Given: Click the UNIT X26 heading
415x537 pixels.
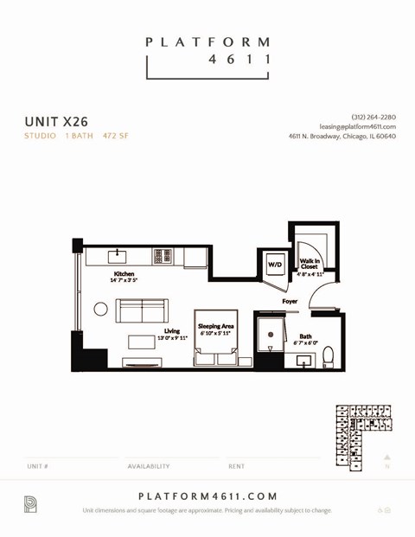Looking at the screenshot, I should coord(56,122).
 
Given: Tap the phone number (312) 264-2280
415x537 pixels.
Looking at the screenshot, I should coord(373,117).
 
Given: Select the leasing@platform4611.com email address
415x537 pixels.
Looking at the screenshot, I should coord(357,126).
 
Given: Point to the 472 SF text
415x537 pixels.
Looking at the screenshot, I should coord(115,136).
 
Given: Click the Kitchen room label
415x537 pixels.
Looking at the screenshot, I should coord(124,274).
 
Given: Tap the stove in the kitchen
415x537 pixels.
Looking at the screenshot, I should coord(162,256).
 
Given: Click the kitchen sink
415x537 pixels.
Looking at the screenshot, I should coord(119,256).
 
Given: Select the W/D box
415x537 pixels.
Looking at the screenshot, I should coord(274,264).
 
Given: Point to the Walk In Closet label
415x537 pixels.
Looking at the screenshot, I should coord(310,264).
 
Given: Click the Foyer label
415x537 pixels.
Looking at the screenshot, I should coord(290,301).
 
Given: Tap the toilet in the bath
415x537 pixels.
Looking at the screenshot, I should coord(328,358).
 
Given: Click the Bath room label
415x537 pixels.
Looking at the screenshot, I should coord(306,336).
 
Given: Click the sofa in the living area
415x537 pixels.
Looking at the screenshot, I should coord(143,310).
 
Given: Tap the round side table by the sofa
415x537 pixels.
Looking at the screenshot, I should coord(101,309).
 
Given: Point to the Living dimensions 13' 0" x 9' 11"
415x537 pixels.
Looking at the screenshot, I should coord(172,338).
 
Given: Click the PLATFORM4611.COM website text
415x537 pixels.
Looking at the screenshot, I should coord(207,495).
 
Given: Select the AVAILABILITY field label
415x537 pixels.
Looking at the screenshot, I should coord(149,466).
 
